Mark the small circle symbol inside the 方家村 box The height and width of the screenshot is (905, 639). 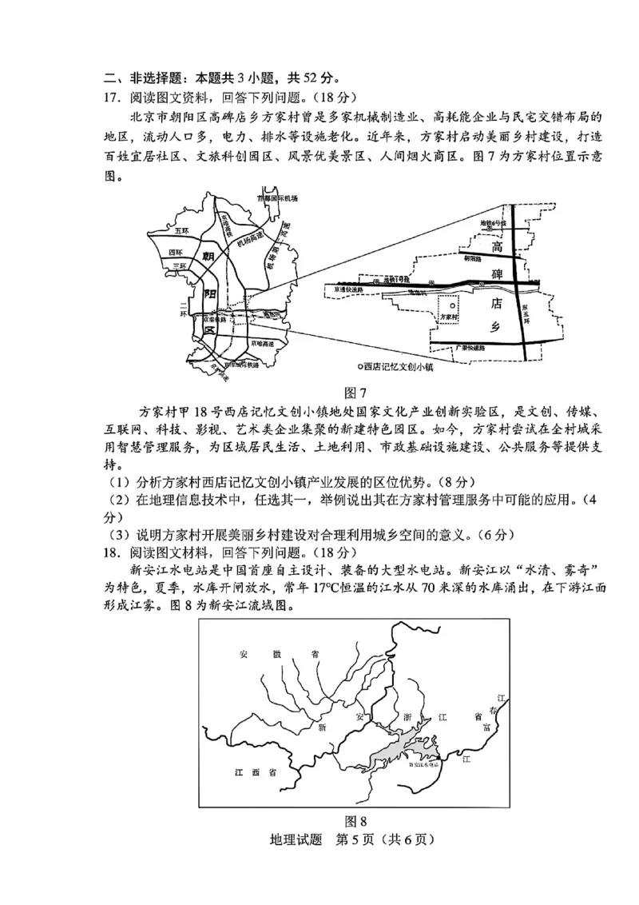(452, 305)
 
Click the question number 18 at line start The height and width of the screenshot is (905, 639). (111, 552)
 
